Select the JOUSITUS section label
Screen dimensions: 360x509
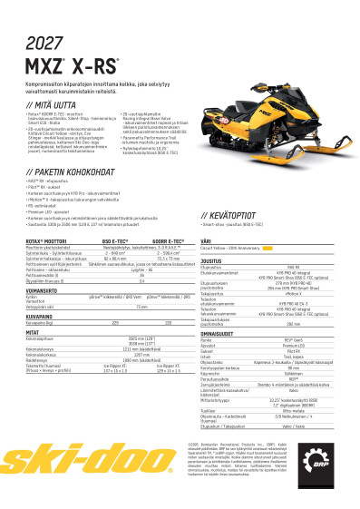coord(212,259)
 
